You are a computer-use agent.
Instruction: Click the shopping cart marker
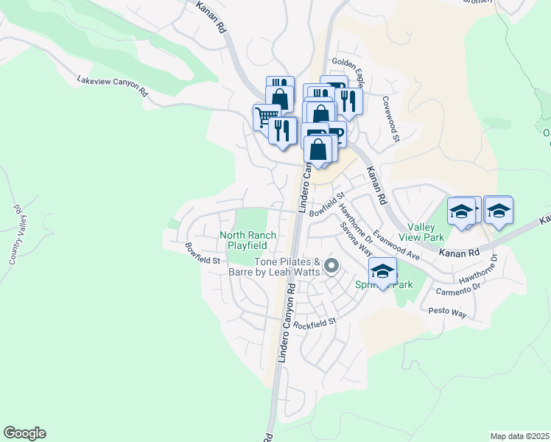[265, 116]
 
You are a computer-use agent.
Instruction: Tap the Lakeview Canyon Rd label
[113, 86]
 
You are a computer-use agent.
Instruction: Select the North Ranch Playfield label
[248, 240]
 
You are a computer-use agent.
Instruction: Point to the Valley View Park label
[421, 233]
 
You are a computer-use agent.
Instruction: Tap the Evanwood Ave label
[396, 245]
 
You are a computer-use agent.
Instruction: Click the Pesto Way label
[448, 313]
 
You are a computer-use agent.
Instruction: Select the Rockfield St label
[314, 323]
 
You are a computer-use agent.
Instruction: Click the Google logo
[24, 433]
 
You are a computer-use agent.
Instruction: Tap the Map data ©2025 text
[519, 436]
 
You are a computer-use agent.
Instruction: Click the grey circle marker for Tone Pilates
[331, 267]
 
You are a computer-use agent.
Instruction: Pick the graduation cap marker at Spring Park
[382, 271]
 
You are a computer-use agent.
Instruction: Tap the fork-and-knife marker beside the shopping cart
[282, 130]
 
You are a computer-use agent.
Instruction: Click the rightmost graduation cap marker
[498, 210]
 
